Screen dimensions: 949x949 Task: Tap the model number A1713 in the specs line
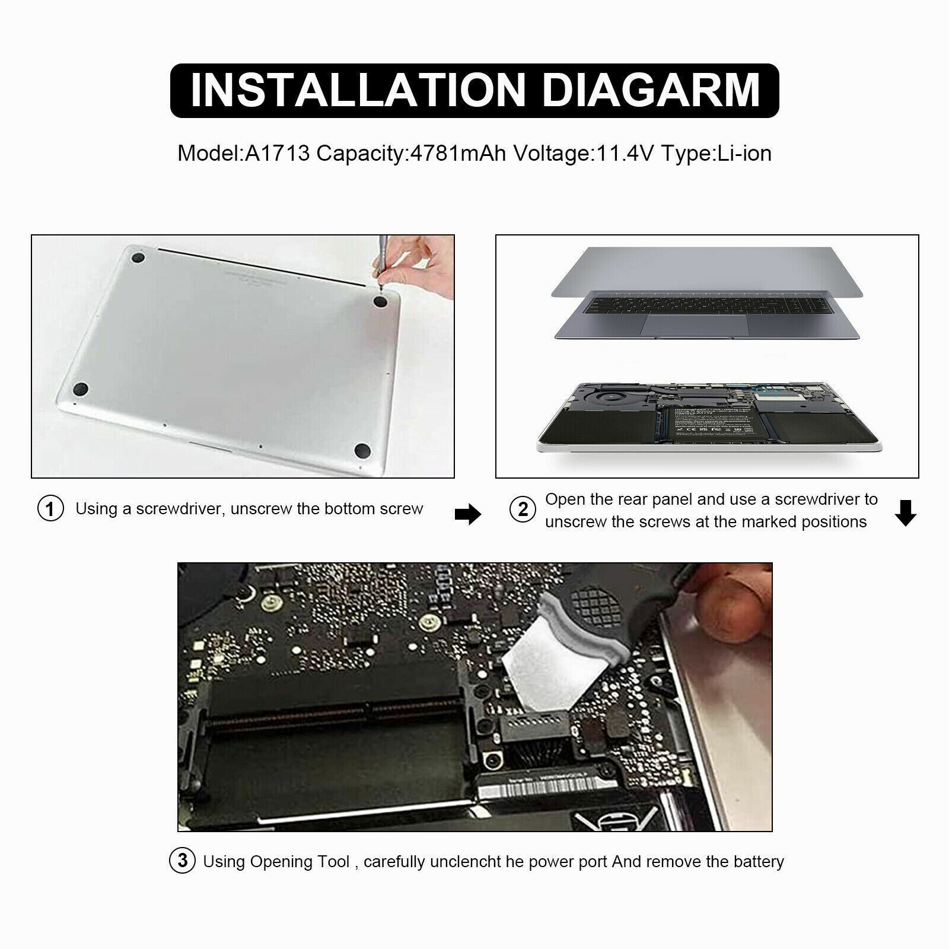pyautogui.click(x=278, y=154)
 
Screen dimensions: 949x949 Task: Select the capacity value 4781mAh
pyautogui.click(x=458, y=154)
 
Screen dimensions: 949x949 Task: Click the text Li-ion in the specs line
pyautogui.click(x=744, y=154)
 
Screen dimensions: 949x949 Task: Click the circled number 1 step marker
pyautogui.click(x=50, y=509)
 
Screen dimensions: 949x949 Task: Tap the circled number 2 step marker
pyautogui.click(x=523, y=509)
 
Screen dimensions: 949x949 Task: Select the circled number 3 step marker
pyautogui.click(x=183, y=861)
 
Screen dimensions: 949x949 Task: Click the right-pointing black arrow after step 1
pyautogui.click(x=468, y=514)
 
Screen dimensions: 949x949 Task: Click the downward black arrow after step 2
pyautogui.click(x=905, y=513)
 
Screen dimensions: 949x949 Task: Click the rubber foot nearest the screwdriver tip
pyautogui.click(x=380, y=302)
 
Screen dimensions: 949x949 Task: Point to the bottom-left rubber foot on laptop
pyautogui.click(x=81, y=390)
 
